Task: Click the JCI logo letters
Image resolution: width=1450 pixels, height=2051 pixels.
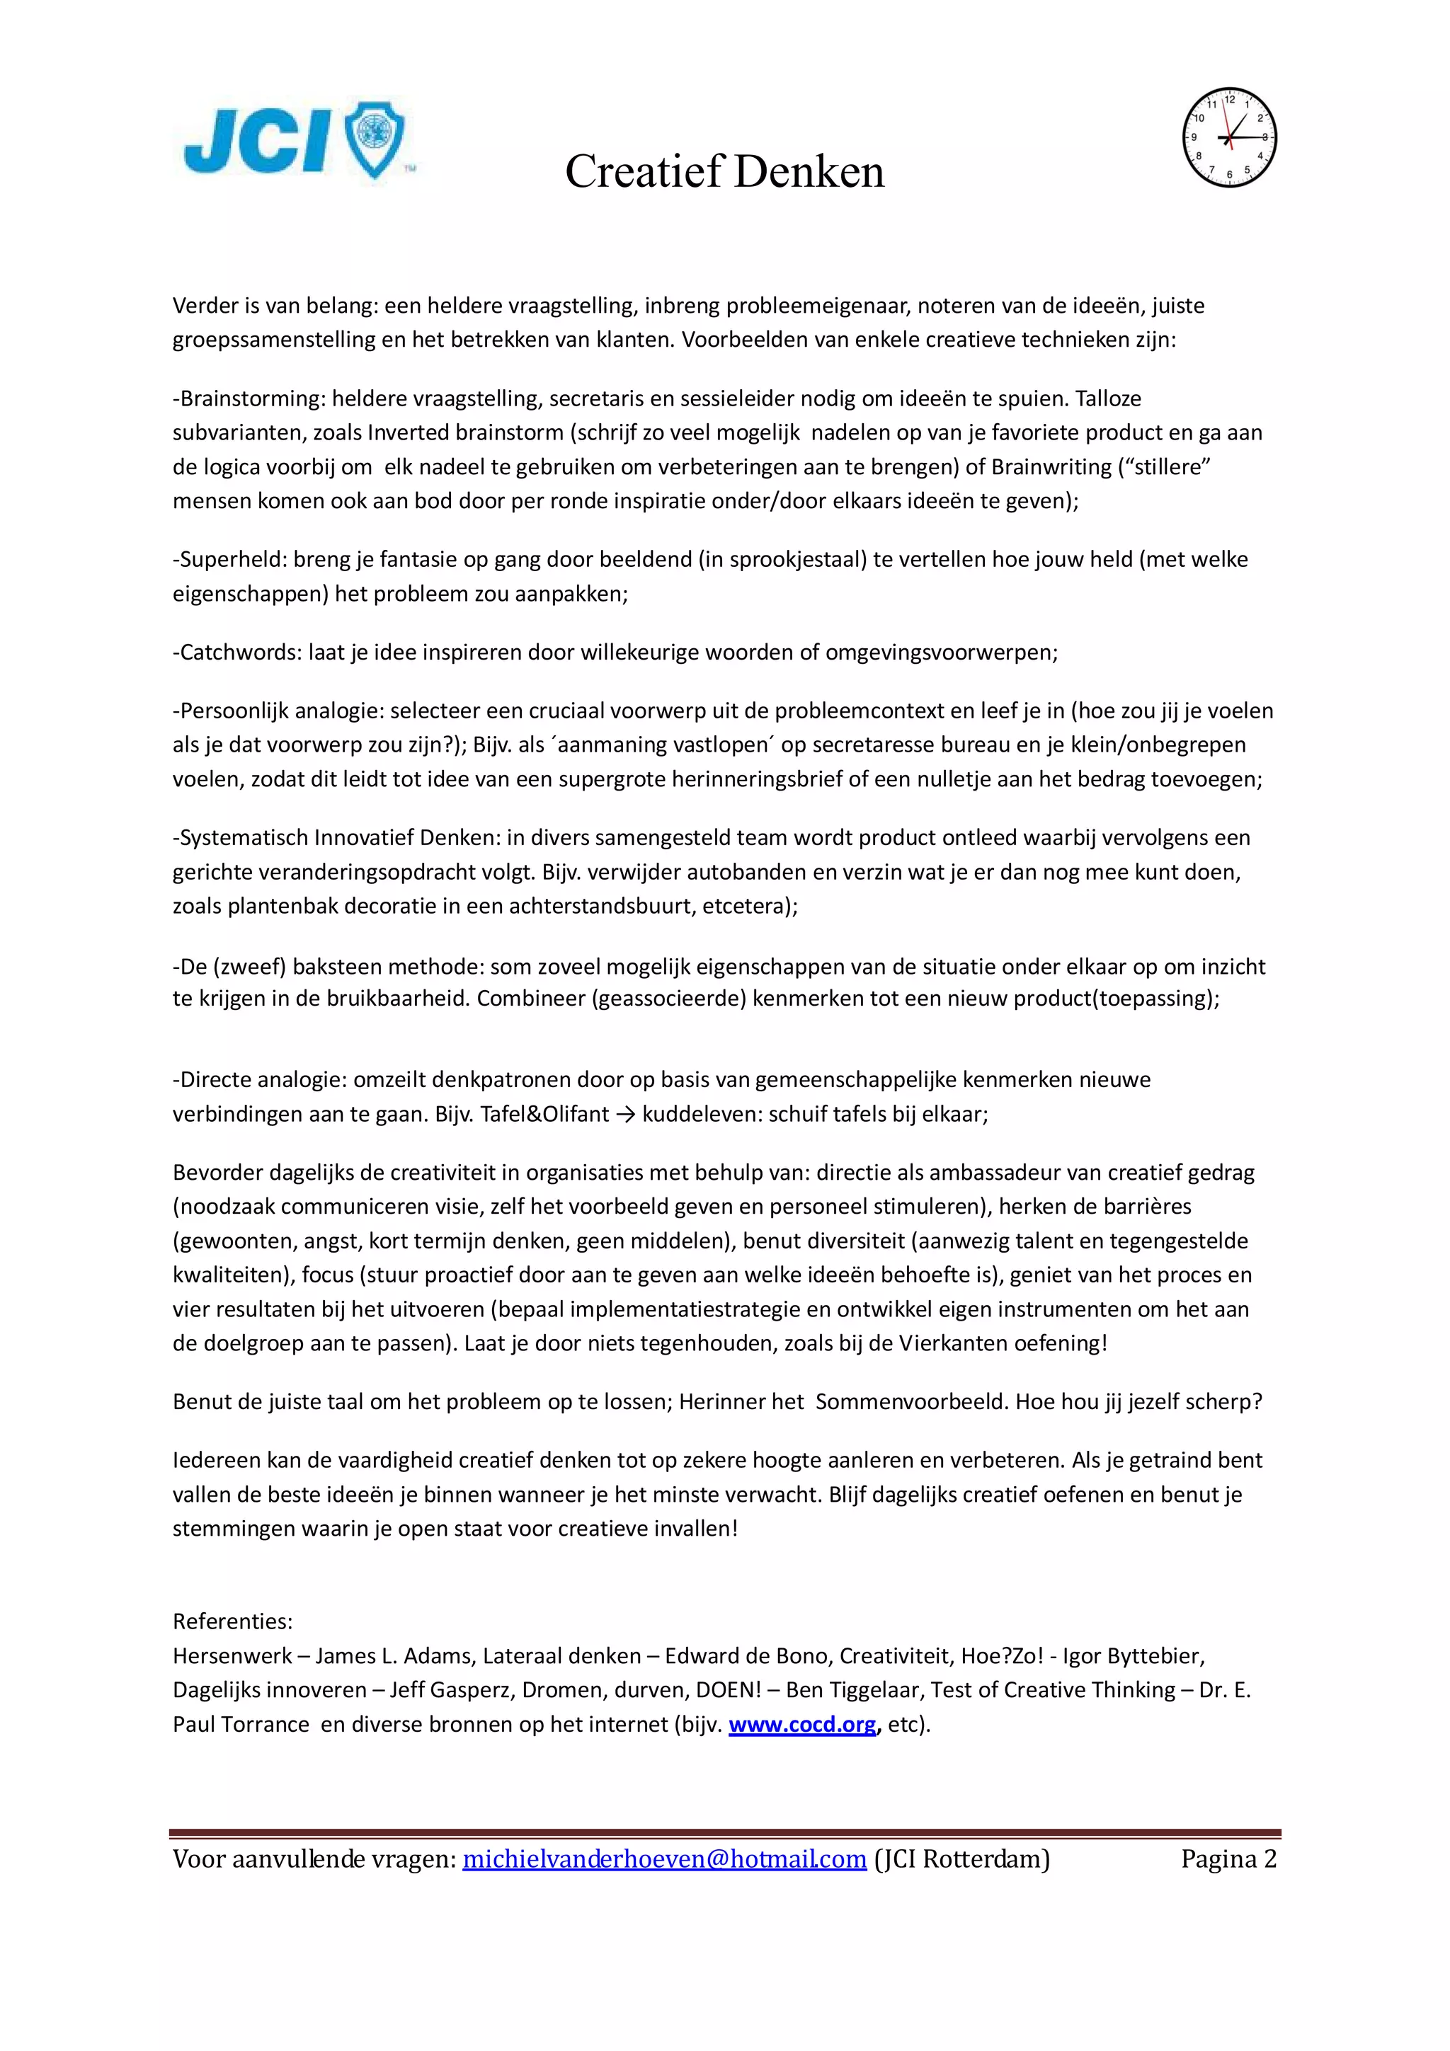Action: [256, 141]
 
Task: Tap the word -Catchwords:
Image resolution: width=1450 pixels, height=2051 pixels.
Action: [238, 652]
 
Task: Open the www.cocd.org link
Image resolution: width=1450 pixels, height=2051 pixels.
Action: [801, 1724]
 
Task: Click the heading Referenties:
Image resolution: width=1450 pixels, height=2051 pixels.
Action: [232, 1621]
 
